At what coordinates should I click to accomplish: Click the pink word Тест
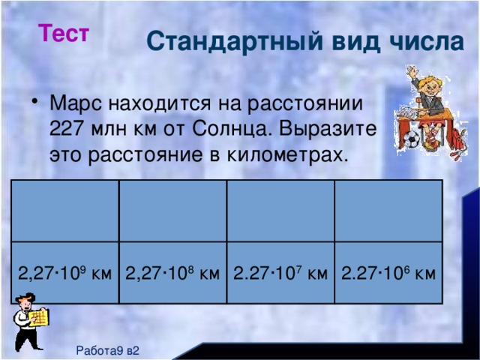65,34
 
